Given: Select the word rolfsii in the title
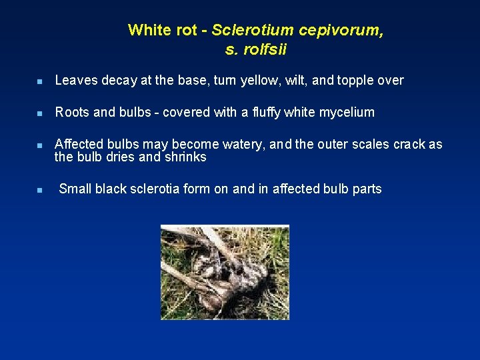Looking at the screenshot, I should (265, 49).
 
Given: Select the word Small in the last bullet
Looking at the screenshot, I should (75, 189).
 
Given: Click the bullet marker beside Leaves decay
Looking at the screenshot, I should (40, 81).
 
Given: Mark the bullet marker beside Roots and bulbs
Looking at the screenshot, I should (40, 114).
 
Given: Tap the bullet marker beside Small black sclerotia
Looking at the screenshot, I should (40, 190).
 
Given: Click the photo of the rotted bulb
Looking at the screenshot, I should (225, 272).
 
